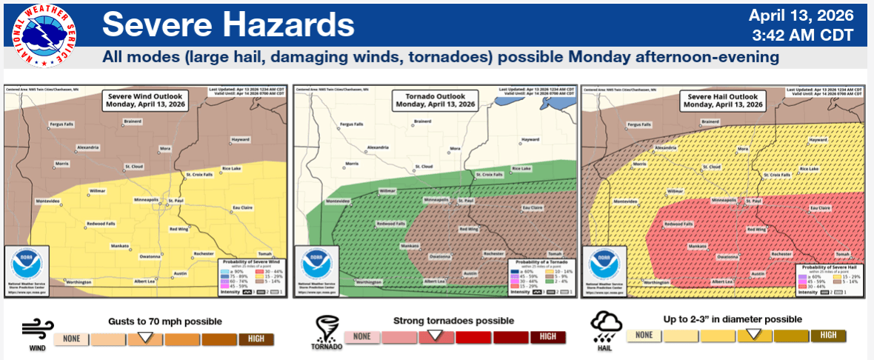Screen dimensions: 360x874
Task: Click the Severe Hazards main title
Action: tap(228, 24)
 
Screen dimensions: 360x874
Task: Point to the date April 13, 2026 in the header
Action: tap(801, 16)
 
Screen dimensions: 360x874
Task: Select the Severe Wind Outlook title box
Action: tap(146, 100)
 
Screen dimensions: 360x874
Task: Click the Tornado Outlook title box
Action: tap(435, 100)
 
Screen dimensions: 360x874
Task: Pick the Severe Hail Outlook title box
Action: tap(724, 100)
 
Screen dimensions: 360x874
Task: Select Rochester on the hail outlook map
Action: tap(781, 253)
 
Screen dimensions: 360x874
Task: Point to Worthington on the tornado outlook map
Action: tap(368, 281)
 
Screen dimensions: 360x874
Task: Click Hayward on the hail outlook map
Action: tap(818, 139)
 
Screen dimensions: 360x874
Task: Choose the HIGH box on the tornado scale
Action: tap(547, 337)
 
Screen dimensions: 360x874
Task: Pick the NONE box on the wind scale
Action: tap(71, 339)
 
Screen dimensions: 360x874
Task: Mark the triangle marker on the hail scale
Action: tap(753, 334)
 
